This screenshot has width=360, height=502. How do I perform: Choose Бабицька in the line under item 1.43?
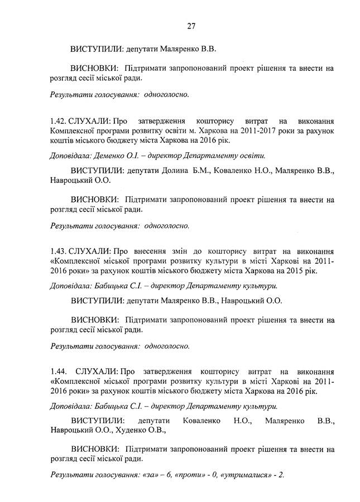click(x=110, y=286)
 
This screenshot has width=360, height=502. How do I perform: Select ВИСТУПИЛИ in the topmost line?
click(x=95, y=49)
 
